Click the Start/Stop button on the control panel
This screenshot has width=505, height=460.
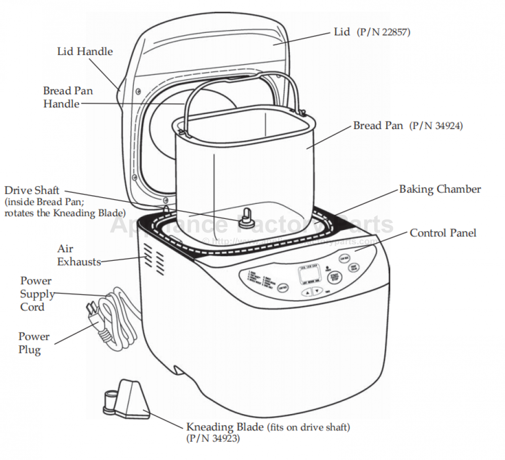coord(333,277)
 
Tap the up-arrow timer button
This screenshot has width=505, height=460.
coord(307,291)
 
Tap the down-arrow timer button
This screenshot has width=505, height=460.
coord(317,291)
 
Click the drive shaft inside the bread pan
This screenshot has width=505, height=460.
coord(246,217)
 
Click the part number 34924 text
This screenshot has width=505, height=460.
coord(435,126)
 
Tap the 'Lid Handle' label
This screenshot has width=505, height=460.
coord(85,51)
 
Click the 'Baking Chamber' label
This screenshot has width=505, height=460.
coord(440,190)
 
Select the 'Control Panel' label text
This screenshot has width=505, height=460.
coord(443,233)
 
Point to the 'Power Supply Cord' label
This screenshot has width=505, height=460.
coord(36,294)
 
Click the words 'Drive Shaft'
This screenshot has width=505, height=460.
coord(32,191)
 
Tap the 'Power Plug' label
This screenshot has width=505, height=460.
coord(34,343)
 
